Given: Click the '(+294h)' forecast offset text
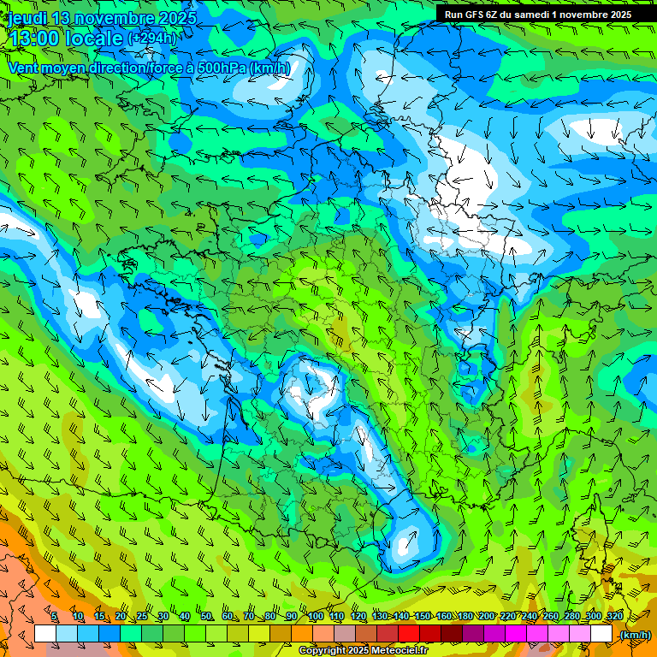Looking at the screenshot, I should pos(152,38).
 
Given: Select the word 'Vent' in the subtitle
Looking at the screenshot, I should pos(25,68).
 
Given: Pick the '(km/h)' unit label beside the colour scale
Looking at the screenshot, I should pos(635,635).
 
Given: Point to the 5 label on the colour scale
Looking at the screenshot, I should pos(55,617).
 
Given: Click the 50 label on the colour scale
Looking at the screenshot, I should pos(206,617).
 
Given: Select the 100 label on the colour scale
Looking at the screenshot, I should pos(316,617).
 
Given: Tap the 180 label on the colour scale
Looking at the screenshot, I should pos(465,617).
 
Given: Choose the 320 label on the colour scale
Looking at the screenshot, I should pos(613,617).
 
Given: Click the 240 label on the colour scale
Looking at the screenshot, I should pos(529,617).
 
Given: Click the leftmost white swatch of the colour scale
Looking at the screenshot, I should pos(44,634).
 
